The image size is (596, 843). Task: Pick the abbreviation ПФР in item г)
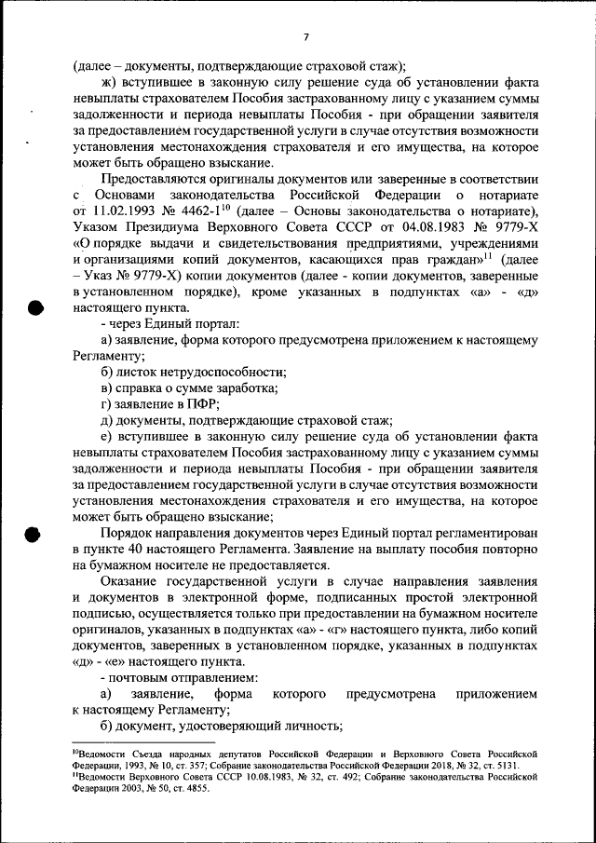click(202, 403)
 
